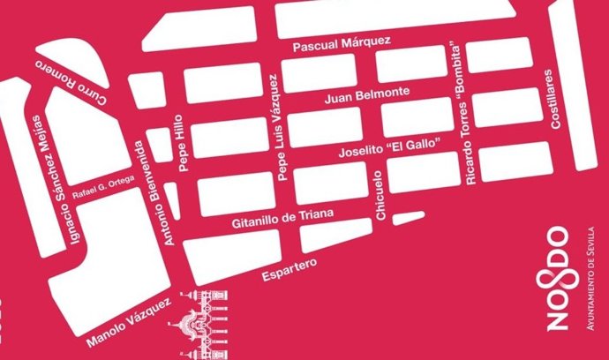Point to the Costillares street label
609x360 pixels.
coord(557,98)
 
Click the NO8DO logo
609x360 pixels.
coord(558,278)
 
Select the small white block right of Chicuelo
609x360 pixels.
coord(407,217)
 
